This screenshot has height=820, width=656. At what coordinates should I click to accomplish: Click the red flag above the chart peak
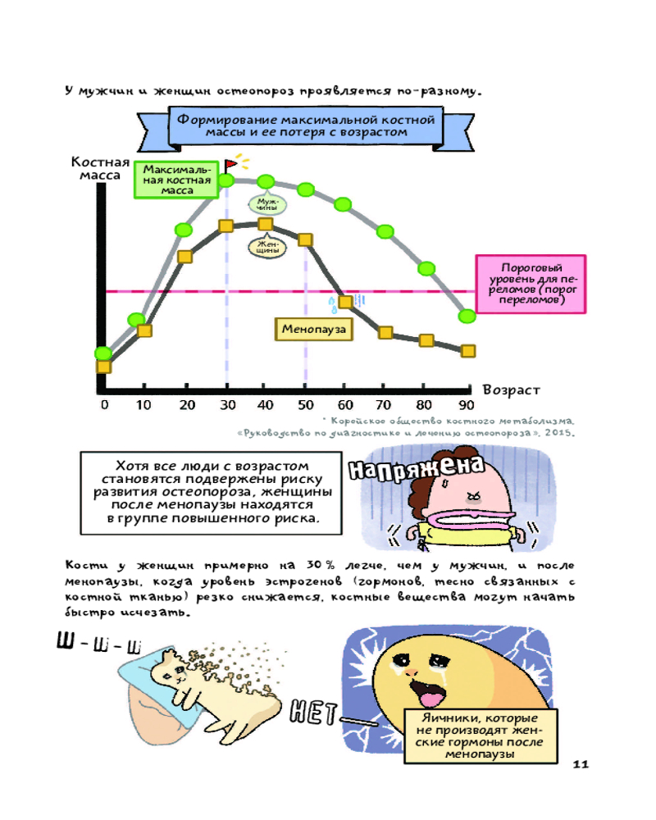(233, 162)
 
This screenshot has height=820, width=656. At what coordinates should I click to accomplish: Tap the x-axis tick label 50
(306, 404)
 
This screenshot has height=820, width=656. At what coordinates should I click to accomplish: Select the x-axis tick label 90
(466, 404)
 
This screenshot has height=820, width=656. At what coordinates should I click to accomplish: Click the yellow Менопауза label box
(313, 329)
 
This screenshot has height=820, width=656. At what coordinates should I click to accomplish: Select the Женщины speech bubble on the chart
(266, 246)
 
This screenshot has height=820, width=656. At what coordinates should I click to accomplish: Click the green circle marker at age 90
(467, 316)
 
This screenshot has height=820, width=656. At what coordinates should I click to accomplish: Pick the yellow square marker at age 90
(467, 350)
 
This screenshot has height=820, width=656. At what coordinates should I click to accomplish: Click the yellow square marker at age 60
(346, 301)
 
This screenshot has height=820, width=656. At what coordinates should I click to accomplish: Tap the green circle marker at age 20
(184, 230)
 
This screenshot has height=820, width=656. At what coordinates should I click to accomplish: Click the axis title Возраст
(511, 389)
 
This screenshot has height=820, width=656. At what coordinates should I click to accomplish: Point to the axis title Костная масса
(100, 167)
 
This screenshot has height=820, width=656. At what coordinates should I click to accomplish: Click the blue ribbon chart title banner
(305, 125)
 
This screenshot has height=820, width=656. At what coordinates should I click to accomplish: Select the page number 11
(581, 764)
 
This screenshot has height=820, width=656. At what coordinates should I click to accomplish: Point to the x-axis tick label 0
(104, 404)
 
